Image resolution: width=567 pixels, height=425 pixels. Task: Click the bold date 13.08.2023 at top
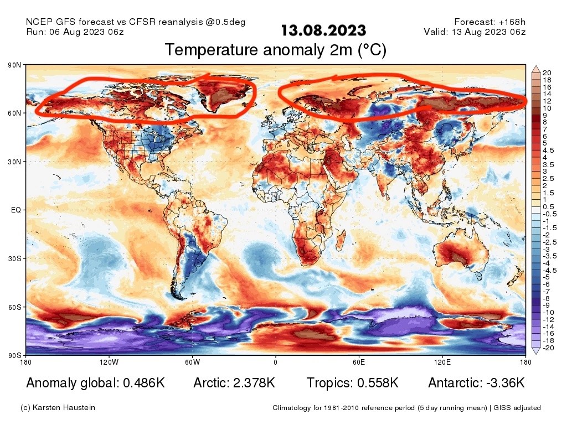tap(323, 30)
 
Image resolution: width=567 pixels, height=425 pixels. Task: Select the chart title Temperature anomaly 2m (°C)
tap(275, 50)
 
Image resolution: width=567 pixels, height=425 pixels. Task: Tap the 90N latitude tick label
tap(14, 65)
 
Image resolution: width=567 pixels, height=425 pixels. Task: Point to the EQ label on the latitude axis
tap(16, 210)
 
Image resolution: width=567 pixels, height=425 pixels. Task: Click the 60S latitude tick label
tap(14, 307)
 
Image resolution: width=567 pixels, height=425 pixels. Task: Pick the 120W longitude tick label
tap(109, 362)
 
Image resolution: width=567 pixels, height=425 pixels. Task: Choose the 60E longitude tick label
tap(359, 362)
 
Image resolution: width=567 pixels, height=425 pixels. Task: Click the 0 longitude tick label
tap(275, 362)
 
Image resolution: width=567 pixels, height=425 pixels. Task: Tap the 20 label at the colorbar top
tap(547, 73)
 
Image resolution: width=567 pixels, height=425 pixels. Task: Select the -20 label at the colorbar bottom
tap(548, 348)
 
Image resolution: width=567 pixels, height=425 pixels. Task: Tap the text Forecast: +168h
tap(489, 22)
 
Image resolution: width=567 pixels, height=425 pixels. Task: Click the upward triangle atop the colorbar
tap(535, 69)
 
